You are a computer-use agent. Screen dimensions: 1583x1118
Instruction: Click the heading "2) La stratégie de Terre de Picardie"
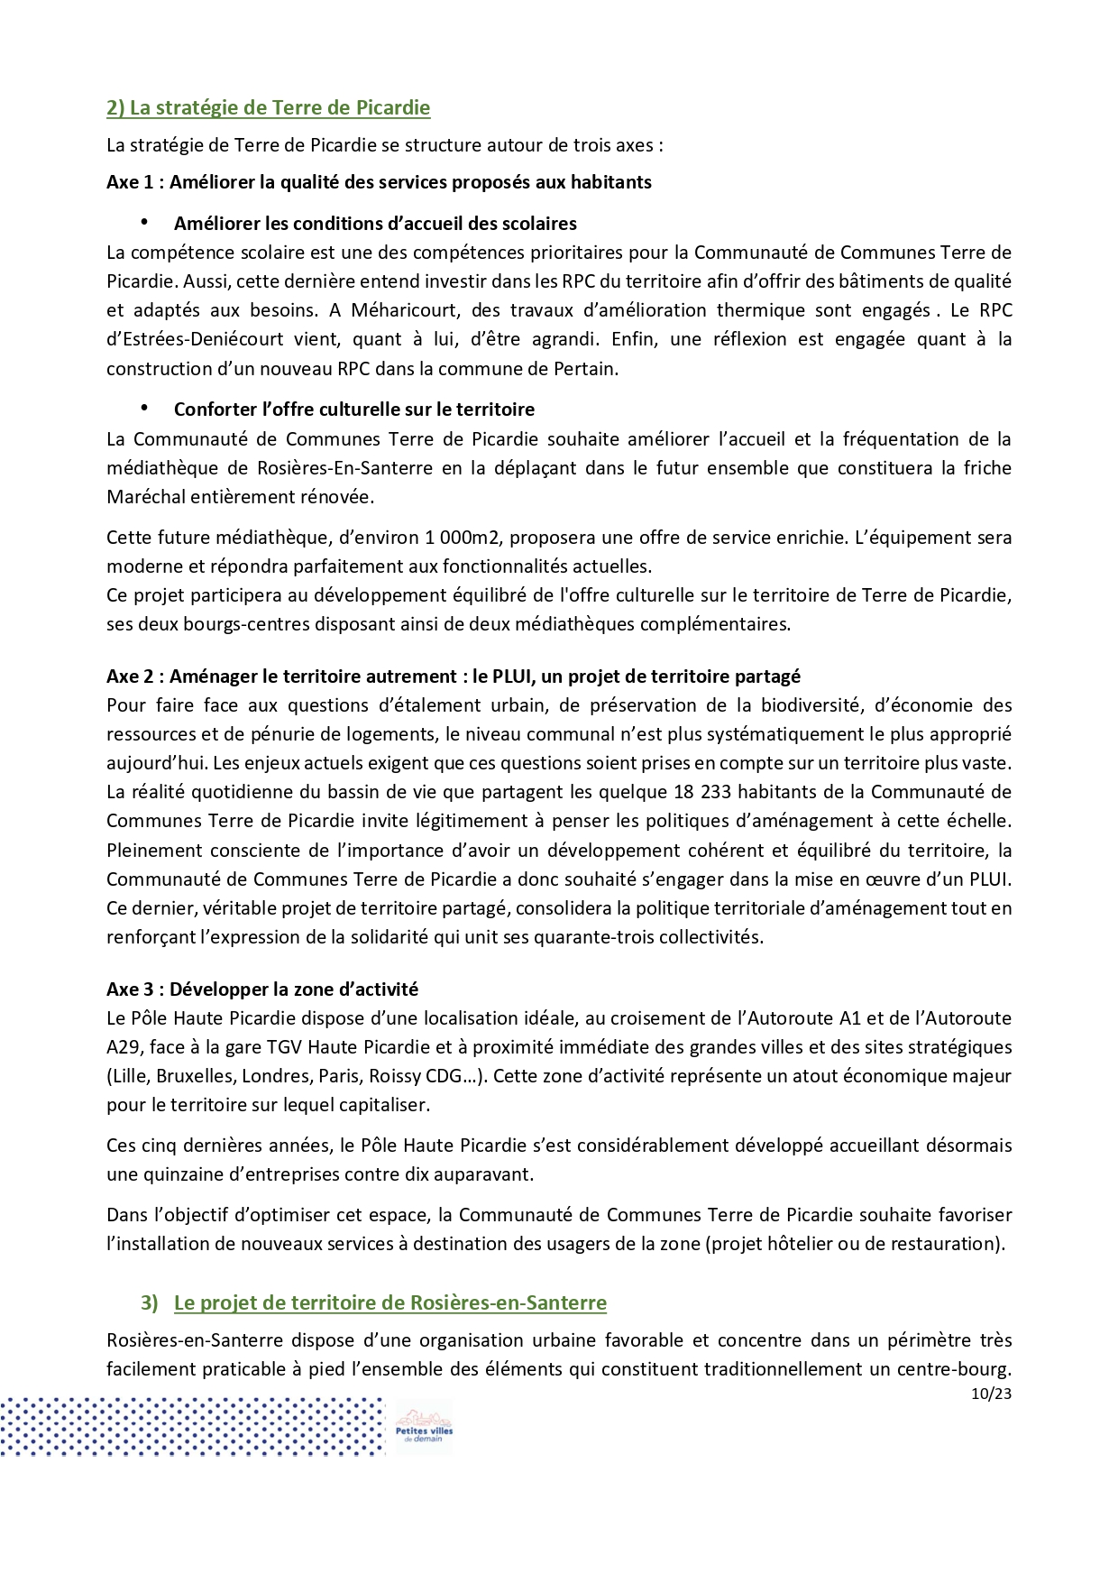coord(268,108)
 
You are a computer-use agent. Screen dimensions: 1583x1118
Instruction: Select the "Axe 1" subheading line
coord(379,182)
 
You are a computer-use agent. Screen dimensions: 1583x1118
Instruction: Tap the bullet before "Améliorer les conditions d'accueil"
coord(143,223)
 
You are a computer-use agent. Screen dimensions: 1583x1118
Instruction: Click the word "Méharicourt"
coord(403,310)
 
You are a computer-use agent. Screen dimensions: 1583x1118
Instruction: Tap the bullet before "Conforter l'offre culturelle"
coord(143,409)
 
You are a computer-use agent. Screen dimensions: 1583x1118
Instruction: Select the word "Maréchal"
coord(142,497)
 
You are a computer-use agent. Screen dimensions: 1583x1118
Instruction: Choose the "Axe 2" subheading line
coord(453,676)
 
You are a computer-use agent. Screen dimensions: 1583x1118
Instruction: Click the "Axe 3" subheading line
coord(261,989)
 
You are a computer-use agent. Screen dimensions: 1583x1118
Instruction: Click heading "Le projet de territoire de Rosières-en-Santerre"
coord(389,1303)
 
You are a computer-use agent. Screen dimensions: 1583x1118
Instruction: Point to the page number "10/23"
coord(991,1394)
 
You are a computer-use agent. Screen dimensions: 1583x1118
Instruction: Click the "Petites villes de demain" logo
coord(423,1428)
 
